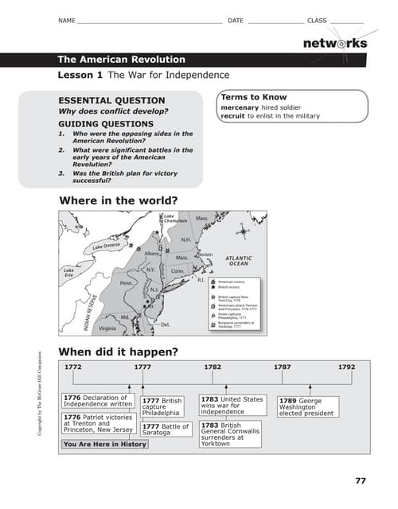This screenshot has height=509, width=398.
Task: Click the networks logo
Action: [334, 43]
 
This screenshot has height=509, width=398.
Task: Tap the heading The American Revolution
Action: [121, 60]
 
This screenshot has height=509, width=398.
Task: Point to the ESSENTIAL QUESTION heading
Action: [112, 101]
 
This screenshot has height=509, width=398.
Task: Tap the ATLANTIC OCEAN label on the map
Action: [239, 261]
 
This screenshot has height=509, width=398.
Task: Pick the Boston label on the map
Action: [205, 254]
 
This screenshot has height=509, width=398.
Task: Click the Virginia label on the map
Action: [107, 328]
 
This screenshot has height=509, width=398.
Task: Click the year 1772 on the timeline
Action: [73, 367]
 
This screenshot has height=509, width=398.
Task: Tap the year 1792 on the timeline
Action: [346, 367]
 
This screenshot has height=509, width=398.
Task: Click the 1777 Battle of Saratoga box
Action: [166, 429]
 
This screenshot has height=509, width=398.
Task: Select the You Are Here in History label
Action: [104, 444]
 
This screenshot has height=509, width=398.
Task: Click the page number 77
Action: [360, 480]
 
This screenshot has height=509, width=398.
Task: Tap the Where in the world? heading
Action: [118, 200]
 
